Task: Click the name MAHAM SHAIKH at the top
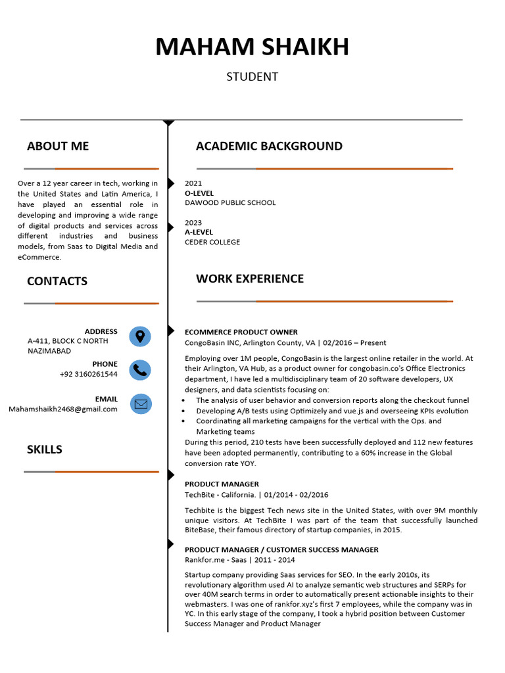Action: [x=252, y=47]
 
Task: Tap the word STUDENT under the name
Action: [x=252, y=77]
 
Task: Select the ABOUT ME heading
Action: [x=58, y=146]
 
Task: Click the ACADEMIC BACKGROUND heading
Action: [x=269, y=146]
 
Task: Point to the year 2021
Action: [x=193, y=183]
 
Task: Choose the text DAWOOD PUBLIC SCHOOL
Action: [x=230, y=202]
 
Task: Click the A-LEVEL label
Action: [x=199, y=232]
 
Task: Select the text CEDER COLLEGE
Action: [x=212, y=242]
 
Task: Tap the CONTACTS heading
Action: [x=57, y=281]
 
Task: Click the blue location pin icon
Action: [x=140, y=336]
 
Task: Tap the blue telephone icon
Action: [x=140, y=370]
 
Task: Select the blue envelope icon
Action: [x=140, y=404]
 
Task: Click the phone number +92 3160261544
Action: [x=89, y=374]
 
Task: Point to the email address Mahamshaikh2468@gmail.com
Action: [x=63, y=409]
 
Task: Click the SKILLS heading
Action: [x=45, y=450]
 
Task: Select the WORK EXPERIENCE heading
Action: [x=250, y=279]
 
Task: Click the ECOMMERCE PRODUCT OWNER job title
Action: [x=241, y=332]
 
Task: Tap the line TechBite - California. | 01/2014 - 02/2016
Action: [x=256, y=494]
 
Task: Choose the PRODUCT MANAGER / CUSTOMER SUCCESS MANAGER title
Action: [x=281, y=549]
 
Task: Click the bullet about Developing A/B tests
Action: [x=332, y=411]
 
